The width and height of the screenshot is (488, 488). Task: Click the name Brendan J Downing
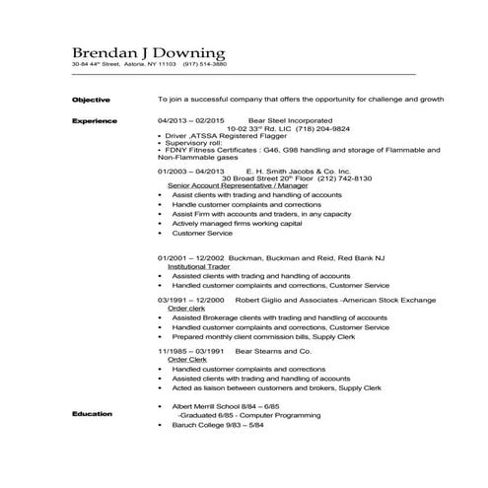click(x=148, y=51)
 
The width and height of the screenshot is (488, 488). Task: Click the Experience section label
click(x=95, y=120)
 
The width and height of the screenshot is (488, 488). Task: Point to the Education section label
click(x=92, y=414)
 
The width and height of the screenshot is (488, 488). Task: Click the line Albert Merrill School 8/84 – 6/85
click(x=226, y=405)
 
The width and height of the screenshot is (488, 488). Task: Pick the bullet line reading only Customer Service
click(x=202, y=234)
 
